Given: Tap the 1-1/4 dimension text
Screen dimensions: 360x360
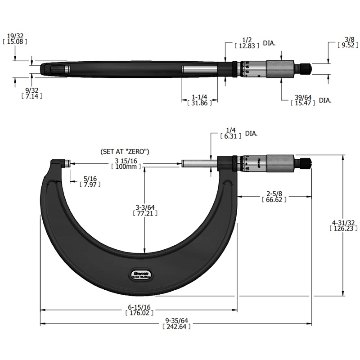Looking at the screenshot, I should (200, 97).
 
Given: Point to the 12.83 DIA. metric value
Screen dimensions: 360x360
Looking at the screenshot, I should (246, 45).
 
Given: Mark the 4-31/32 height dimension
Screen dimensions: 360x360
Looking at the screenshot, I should (342, 223).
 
